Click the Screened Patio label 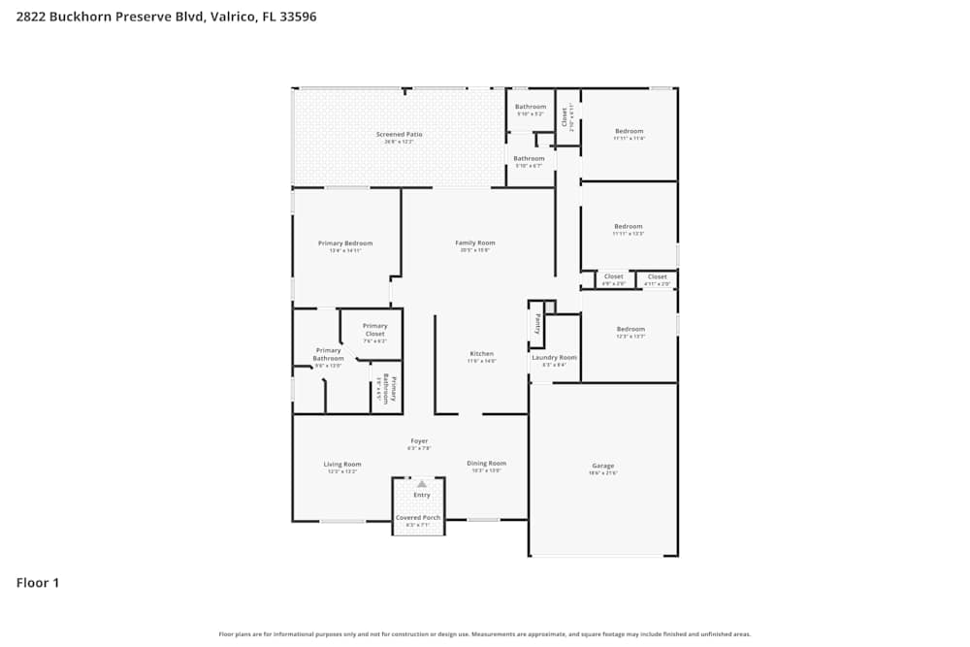click(399, 134)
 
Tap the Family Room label click(475, 243)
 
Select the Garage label click(603, 466)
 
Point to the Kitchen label click(482, 353)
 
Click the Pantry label click(536, 323)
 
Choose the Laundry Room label click(554, 357)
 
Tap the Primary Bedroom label click(345, 243)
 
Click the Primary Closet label click(374, 330)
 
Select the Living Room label click(342, 464)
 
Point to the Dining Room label click(486, 463)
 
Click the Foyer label click(419, 440)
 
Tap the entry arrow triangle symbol click(421, 483)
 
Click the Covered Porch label click(418, 517)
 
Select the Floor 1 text click(38, 583)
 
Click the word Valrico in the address click(232, 16)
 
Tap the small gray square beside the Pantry click(550, 307)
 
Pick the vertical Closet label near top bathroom click(565, 116)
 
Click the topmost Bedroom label click(629, 131)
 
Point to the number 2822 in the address click(32, 16)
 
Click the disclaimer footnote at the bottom click(485, 633)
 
